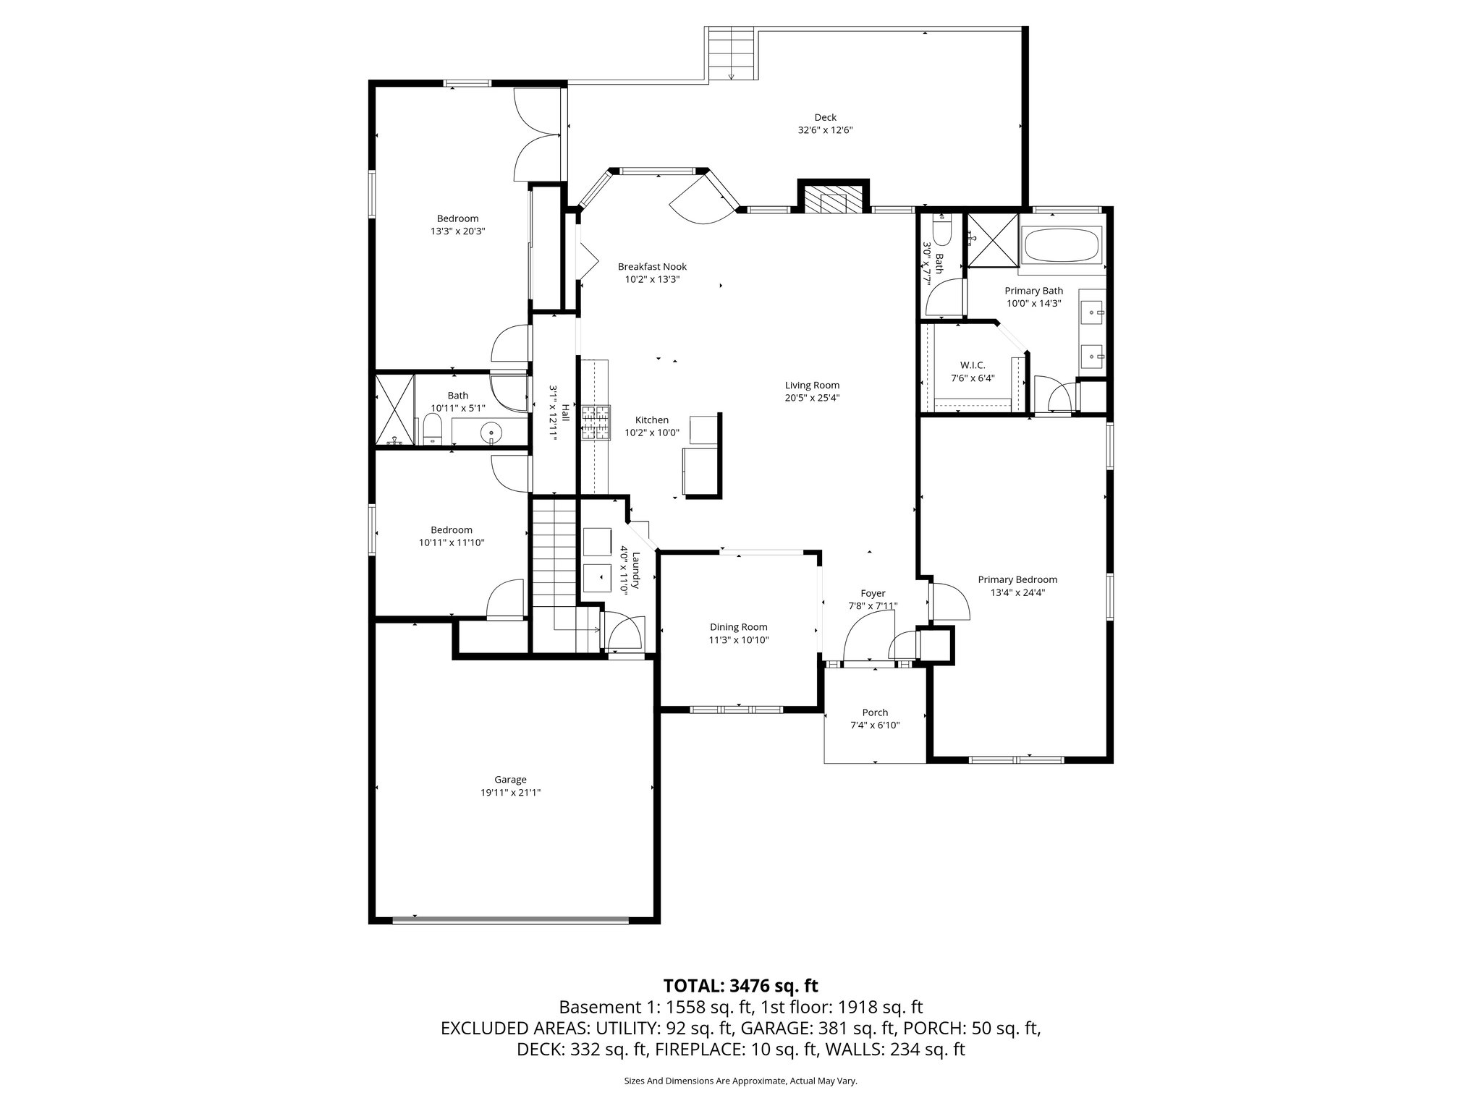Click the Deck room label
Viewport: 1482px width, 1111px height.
(x=825, y=117)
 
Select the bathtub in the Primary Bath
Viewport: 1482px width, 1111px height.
(x=1061, y=246)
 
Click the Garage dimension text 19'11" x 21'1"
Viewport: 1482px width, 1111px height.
(x=510, y=792)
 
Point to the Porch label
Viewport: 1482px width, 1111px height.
(x=875, y=712)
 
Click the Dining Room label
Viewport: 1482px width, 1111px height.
(x=738, y=627)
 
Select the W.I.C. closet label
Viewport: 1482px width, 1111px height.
(x=973, y=365)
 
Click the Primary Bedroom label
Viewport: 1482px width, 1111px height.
(x=1017, y=579)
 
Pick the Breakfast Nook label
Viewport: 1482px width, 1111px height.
(x=652, y=267)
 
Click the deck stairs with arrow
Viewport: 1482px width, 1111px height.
(x=731, y=55)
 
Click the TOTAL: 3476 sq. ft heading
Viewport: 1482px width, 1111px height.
(x=740, y=985)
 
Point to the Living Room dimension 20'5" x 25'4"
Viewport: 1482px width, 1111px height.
(x=812, y=398)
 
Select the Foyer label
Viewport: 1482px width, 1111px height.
(x=873, y=593)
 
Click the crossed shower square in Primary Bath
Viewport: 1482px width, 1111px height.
(x=992, y=240)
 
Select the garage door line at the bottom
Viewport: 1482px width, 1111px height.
(x=510, y=921)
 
